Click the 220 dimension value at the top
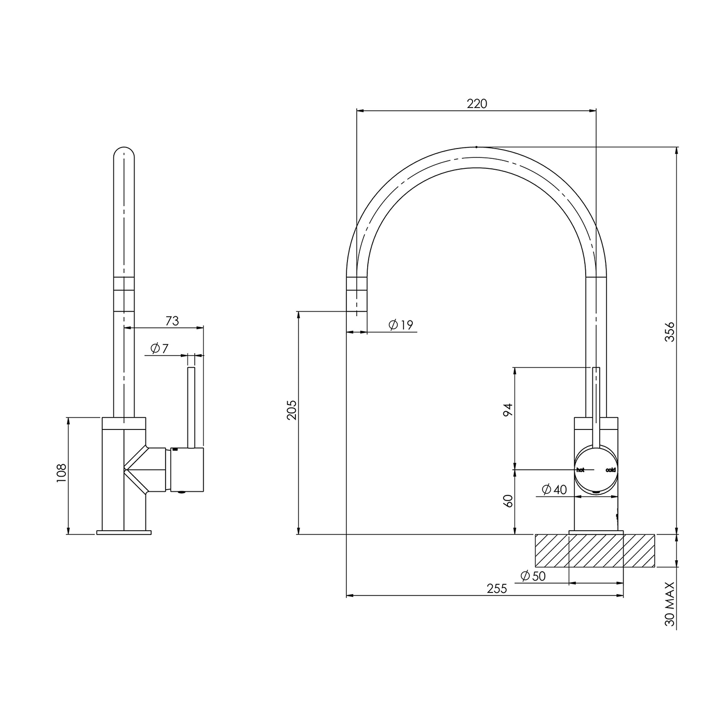click(x=477, y=103)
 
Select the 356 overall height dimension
click(x=669, y=332)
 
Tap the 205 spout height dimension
click(x=292, y=410)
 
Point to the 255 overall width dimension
click(x=497, y=588)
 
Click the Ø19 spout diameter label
click(x=401, y=325)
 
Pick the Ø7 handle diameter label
click(x=159, y=348)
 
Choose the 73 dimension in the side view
click(x=172, y=321)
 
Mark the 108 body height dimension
click(x=61, y=473)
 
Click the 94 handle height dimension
click(x=508, y=410)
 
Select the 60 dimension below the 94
click(x=508, y=501)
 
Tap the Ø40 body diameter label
click(x=554, y=489)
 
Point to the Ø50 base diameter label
click(x=533, y=576)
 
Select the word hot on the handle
click(x=580, y=470)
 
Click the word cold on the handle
click(x=611, y=470)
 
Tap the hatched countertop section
click(x=595, y=550)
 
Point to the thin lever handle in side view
click(x=191, y=408)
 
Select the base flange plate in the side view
click(x=124, y=532)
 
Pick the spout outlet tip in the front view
click(x=357, y=311)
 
